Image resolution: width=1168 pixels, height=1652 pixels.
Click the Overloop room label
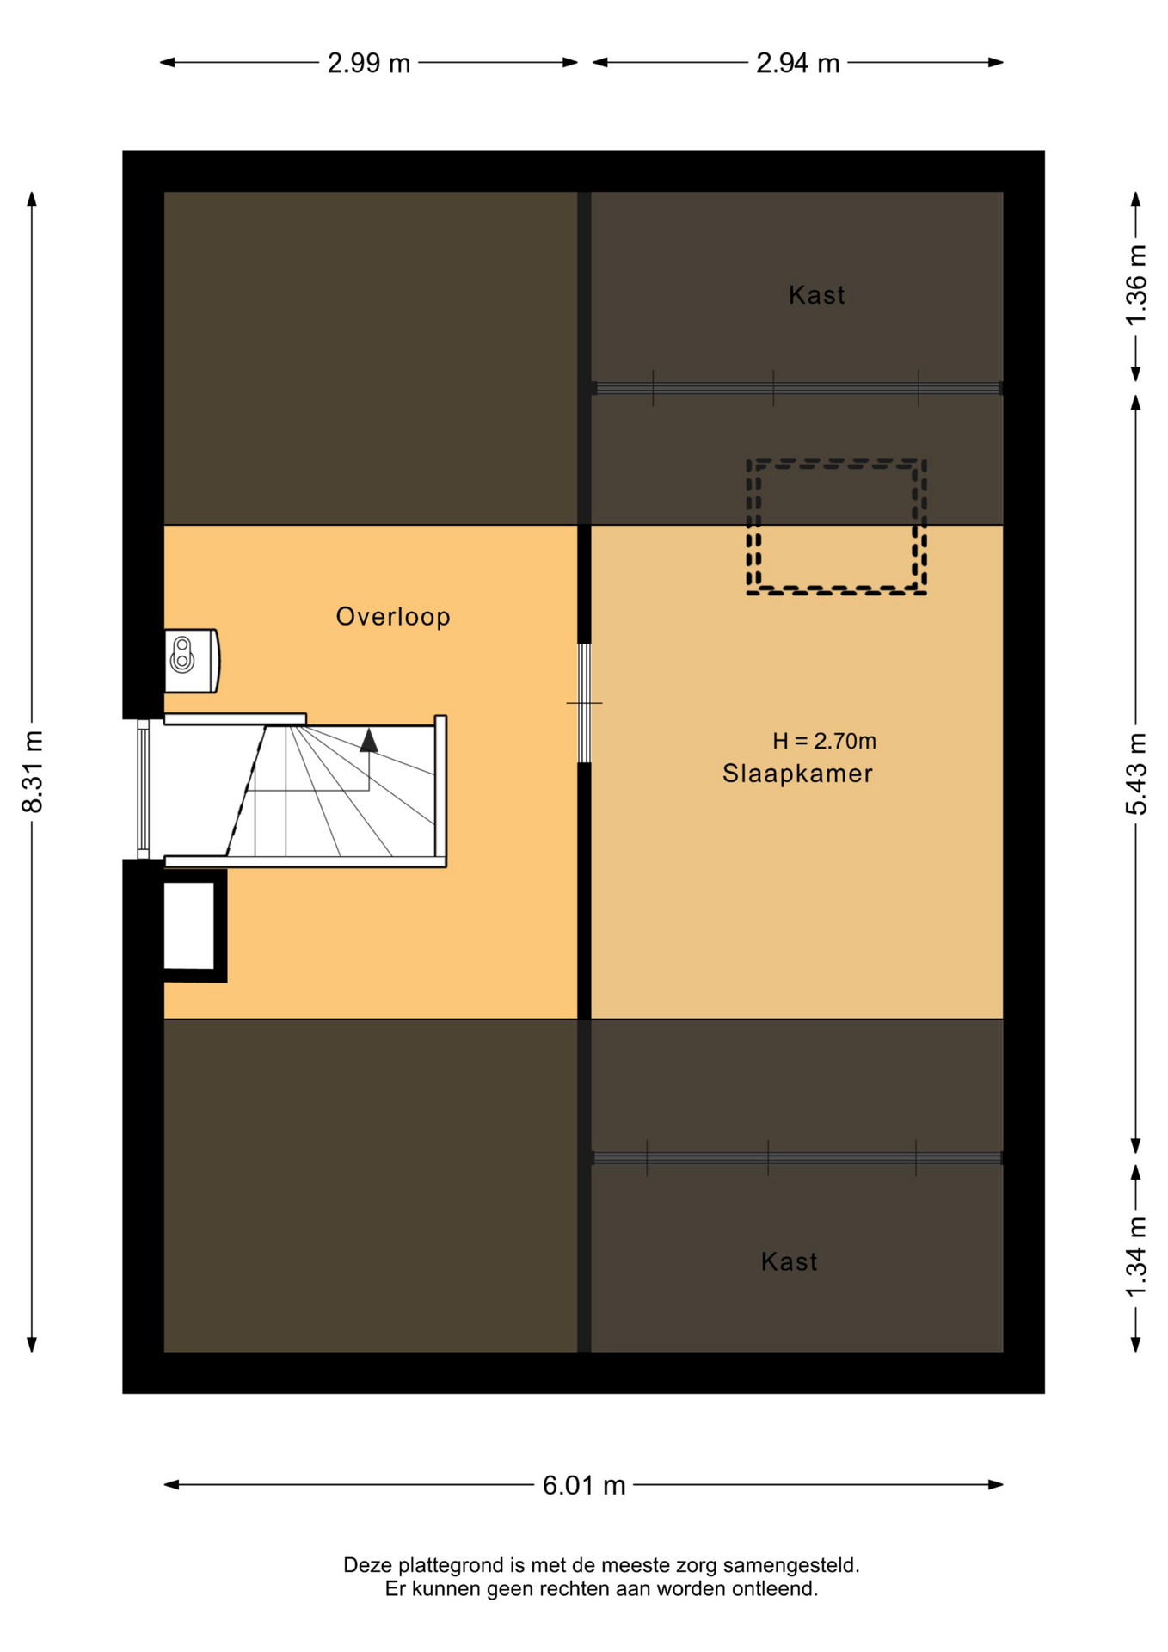pos(393,617)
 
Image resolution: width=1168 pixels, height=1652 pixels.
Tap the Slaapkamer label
pos(797,774)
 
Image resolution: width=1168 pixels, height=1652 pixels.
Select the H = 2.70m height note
pos(824,741)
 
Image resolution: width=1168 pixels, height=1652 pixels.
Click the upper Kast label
pos(816,295)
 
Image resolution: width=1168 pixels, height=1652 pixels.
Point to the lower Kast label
pos(789,1261)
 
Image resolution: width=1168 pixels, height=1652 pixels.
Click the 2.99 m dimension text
pos(369,63)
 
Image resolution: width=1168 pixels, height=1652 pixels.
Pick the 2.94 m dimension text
pos(797,63)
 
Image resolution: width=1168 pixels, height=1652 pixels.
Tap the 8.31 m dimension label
pos(32,772)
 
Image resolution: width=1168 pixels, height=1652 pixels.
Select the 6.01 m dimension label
pos(584,1486)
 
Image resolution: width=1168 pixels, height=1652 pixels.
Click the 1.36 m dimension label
pos(1136,286)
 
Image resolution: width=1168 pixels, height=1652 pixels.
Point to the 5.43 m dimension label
pos(1136,774)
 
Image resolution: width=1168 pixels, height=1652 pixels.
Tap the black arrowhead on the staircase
pos(369,741)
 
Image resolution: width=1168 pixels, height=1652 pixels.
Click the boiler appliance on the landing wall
pos(191,661)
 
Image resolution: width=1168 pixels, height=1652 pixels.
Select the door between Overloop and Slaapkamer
pos(584,703)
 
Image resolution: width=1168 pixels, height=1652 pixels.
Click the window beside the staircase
pos(144,789)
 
